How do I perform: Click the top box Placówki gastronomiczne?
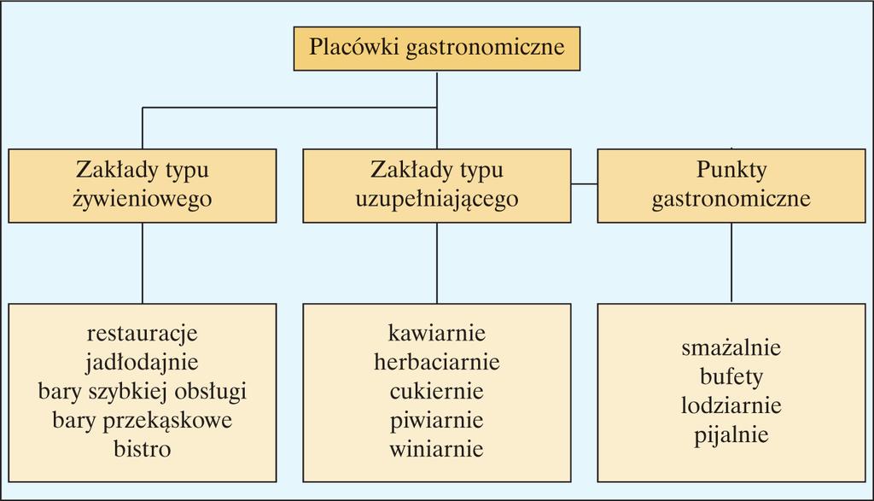click(x=436, y=49)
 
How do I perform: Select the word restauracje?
click(x=143, y=333)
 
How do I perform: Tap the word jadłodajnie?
click(x=143, y=362)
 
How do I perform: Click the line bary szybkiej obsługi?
click(x=143, y=391)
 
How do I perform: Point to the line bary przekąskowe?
click(x=143, y=420)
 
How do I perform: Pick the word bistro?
click(x=143, y=449)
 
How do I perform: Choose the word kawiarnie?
click(x=436, y=333)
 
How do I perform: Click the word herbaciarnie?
click(x=436, y=362)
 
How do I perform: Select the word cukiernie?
click(x=436, y=391)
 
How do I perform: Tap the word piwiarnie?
click(x=436, y=420)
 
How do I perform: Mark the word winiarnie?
click(x=436, y=449)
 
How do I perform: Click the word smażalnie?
click(x=731, y=347)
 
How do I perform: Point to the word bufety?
click(x=731, y=376)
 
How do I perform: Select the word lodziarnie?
click(x=731, y=405)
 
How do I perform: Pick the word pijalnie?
click(x=731, y=434)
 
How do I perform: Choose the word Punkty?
click(x=731, y=170)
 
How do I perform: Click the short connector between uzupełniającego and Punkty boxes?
click(x=584, y=184)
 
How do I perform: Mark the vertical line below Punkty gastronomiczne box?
click(x=731, y=263)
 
